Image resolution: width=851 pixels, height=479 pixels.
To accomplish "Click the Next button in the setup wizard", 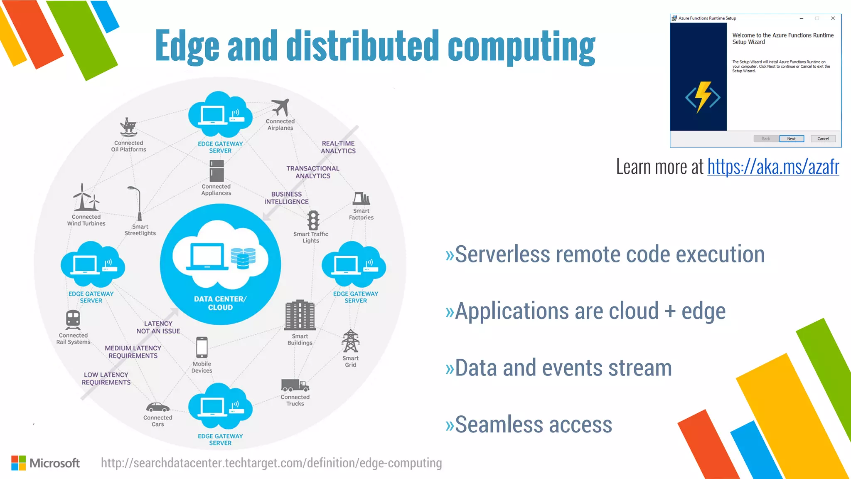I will pos(791,139).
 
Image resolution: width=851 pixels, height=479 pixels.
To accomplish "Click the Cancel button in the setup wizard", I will pos(823,139).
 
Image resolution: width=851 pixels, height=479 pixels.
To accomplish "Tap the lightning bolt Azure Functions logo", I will pos(703,97).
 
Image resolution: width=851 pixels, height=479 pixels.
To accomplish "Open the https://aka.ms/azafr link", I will pos(773,167).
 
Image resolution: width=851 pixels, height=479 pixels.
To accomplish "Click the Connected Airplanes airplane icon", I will pos(281,107).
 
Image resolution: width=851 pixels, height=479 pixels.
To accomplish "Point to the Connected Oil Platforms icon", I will pos(128,127).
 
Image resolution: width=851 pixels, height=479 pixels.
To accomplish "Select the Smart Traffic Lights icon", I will pos(313,220).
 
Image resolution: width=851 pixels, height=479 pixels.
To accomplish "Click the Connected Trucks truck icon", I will pos(295,385).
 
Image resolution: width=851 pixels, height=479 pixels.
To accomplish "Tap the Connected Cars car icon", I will pos(157,407).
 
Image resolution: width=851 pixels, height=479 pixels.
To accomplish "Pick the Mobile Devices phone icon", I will pos(202,347).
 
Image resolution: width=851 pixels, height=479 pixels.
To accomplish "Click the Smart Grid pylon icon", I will pos(350,341).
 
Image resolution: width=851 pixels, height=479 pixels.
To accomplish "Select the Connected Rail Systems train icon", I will pos(73,320).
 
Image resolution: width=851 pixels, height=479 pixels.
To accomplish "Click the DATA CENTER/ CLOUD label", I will pos(220,303).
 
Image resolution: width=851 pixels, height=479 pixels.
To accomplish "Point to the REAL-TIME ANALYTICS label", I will pos(338,147).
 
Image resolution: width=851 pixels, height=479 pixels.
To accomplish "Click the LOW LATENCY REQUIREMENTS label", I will pos(106,378).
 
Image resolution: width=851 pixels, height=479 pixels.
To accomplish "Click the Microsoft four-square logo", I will pos(19,463).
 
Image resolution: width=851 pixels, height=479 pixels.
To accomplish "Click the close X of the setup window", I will pos(833,18).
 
